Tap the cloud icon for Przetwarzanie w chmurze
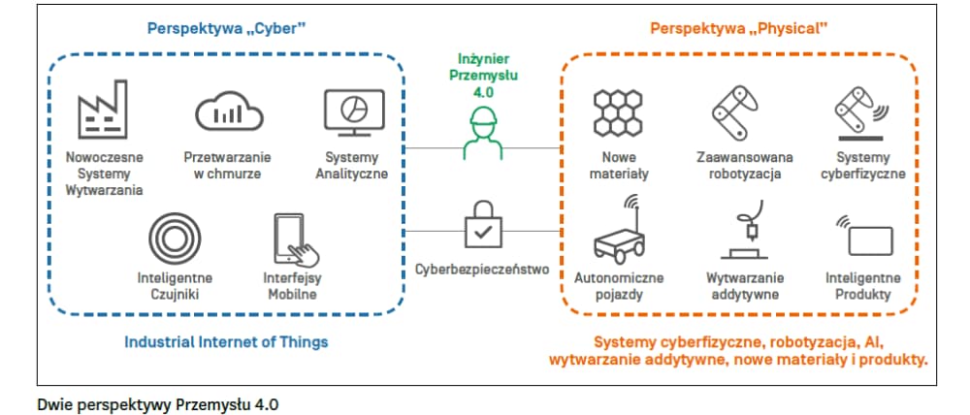228,112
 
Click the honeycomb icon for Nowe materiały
620,113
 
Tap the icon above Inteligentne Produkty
862,234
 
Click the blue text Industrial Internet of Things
226,341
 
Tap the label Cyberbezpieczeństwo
481,269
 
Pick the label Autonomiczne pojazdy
621,286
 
